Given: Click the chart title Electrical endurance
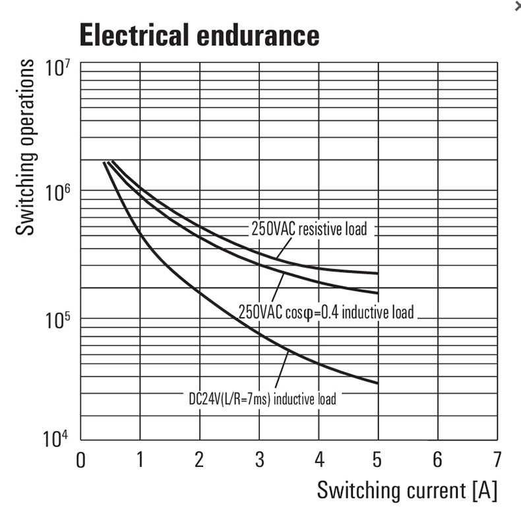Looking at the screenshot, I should coord(199,35).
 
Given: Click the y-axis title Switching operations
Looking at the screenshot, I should coord(26,146).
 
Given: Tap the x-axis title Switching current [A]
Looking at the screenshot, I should coord(407,490).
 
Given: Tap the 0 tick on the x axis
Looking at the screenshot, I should coord(80,460).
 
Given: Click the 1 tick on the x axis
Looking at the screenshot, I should coord(140,460).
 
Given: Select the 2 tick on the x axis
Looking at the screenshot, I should coord(199,460).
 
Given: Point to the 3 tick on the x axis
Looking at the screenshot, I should coord(259,460).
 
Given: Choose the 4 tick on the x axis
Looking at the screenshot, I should coord(319,460).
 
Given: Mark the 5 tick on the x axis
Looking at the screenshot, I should coord(378,460).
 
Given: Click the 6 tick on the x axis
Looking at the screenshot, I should coord(437,460).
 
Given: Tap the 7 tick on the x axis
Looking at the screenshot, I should coord(497,460).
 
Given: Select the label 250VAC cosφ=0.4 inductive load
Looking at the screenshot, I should coord(326,311).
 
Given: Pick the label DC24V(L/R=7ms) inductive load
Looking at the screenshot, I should coord(262,399).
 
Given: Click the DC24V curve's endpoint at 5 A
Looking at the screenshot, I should coord(378,383).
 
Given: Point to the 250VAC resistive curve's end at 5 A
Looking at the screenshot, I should coord(378,273).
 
